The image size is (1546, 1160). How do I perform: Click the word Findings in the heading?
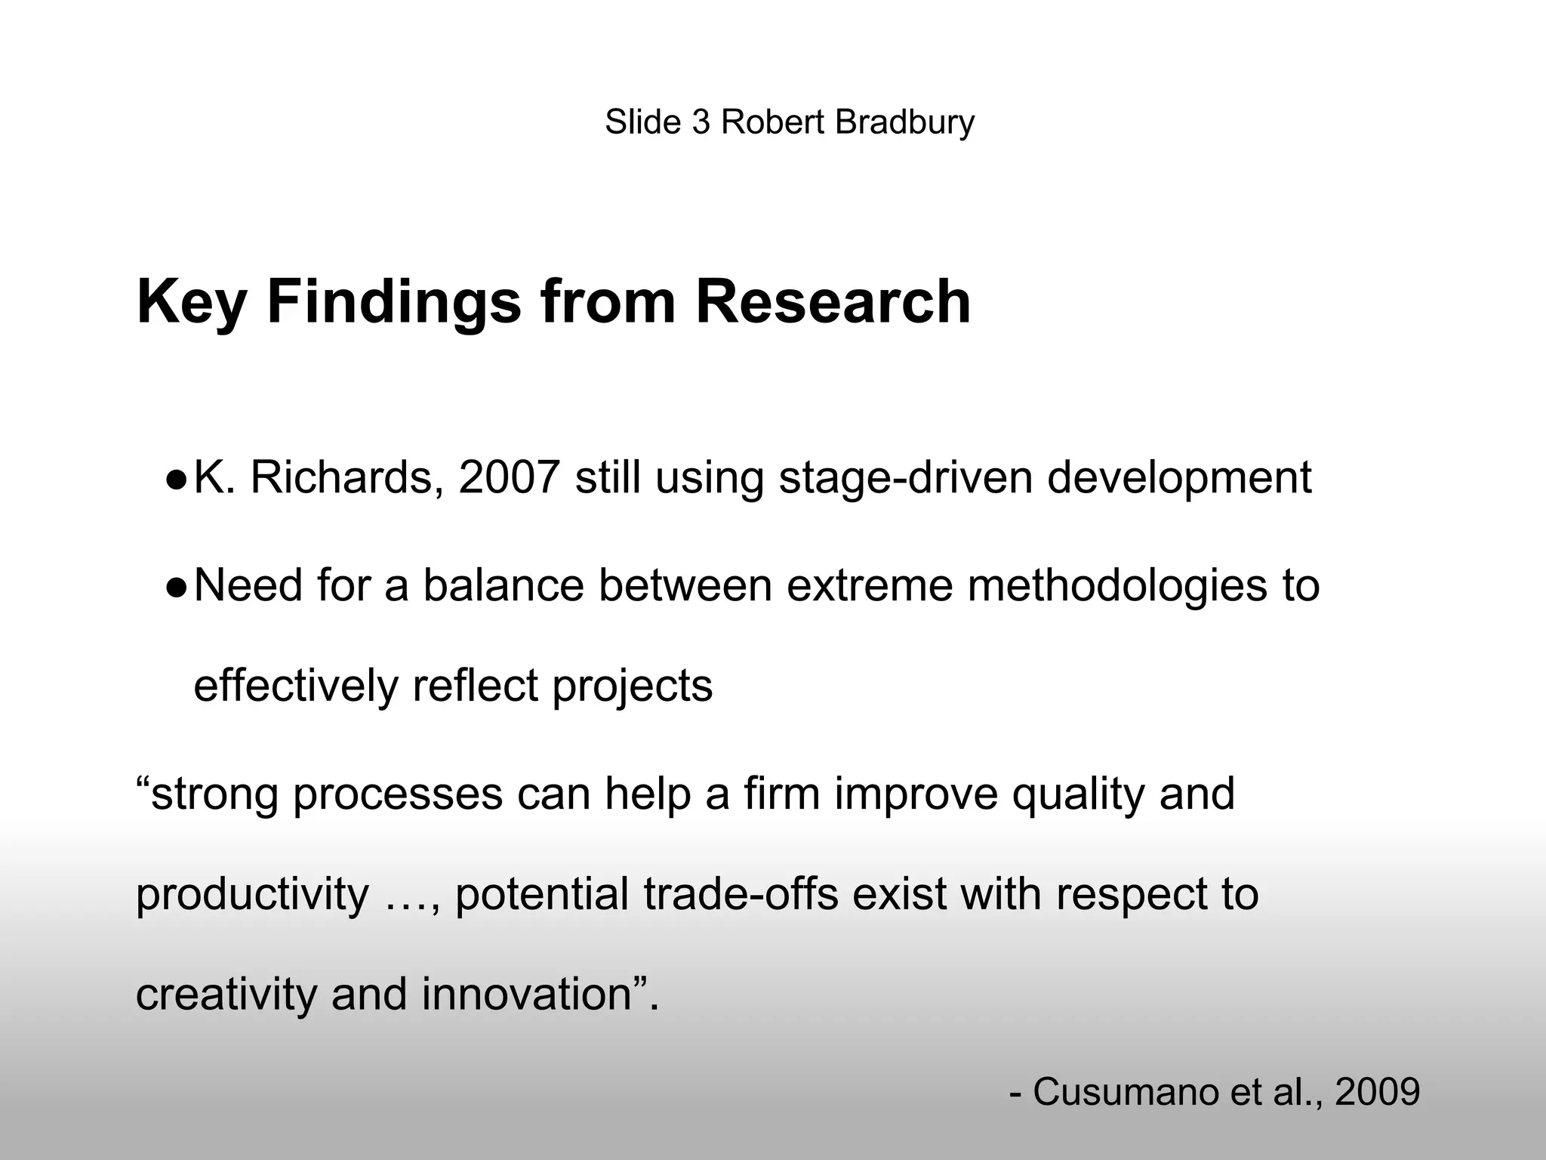coord(393,302)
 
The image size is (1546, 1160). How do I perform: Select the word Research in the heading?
coord(833,302)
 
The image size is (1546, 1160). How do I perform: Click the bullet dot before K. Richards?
coord(175,479)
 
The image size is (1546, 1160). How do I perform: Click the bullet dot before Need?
coord(175,587)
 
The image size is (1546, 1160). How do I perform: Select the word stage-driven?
coord(905,480)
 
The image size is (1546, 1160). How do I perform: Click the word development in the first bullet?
coord(1179,480)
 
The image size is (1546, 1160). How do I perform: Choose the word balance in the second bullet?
coord(504,585)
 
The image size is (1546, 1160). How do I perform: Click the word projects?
coord(632,687)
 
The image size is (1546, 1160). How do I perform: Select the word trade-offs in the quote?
coord(741,894)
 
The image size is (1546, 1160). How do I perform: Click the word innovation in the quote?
coord(526,995)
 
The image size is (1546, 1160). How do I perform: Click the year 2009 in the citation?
coord(1378,1092)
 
